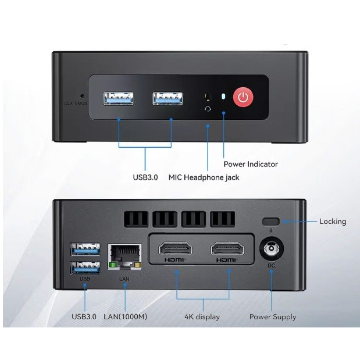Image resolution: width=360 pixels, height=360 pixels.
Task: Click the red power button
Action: click(x=243, y=97)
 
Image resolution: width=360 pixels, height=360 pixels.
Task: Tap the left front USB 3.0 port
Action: click(x=119, y=98)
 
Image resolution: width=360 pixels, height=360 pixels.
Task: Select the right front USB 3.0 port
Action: click(x=167, y=98)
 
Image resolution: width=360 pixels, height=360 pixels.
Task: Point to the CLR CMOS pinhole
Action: click(x=82, y=96)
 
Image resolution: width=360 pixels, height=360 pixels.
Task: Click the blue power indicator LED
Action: click(x=224, y=96)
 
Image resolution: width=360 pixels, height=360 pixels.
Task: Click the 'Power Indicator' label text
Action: click(x=251, y=164)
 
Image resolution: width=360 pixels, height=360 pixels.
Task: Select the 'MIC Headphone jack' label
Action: click(x=204, y=177)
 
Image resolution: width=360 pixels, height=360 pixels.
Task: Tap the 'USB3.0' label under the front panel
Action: click(x=145, y=177)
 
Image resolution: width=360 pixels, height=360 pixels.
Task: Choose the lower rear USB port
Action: click(x=85, y=268)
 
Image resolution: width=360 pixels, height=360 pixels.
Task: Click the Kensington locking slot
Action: click(x=270, y=222)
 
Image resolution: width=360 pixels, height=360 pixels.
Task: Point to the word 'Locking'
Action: click(x=333, y=222)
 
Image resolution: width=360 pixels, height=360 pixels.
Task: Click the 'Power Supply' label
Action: click(x=273, y=317)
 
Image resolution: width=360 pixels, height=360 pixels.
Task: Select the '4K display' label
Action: click(x=203, y=317)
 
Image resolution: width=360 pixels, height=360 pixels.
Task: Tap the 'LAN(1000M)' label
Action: click(x=125, y=317)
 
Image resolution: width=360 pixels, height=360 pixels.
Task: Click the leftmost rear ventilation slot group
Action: click(x=136, y=219)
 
